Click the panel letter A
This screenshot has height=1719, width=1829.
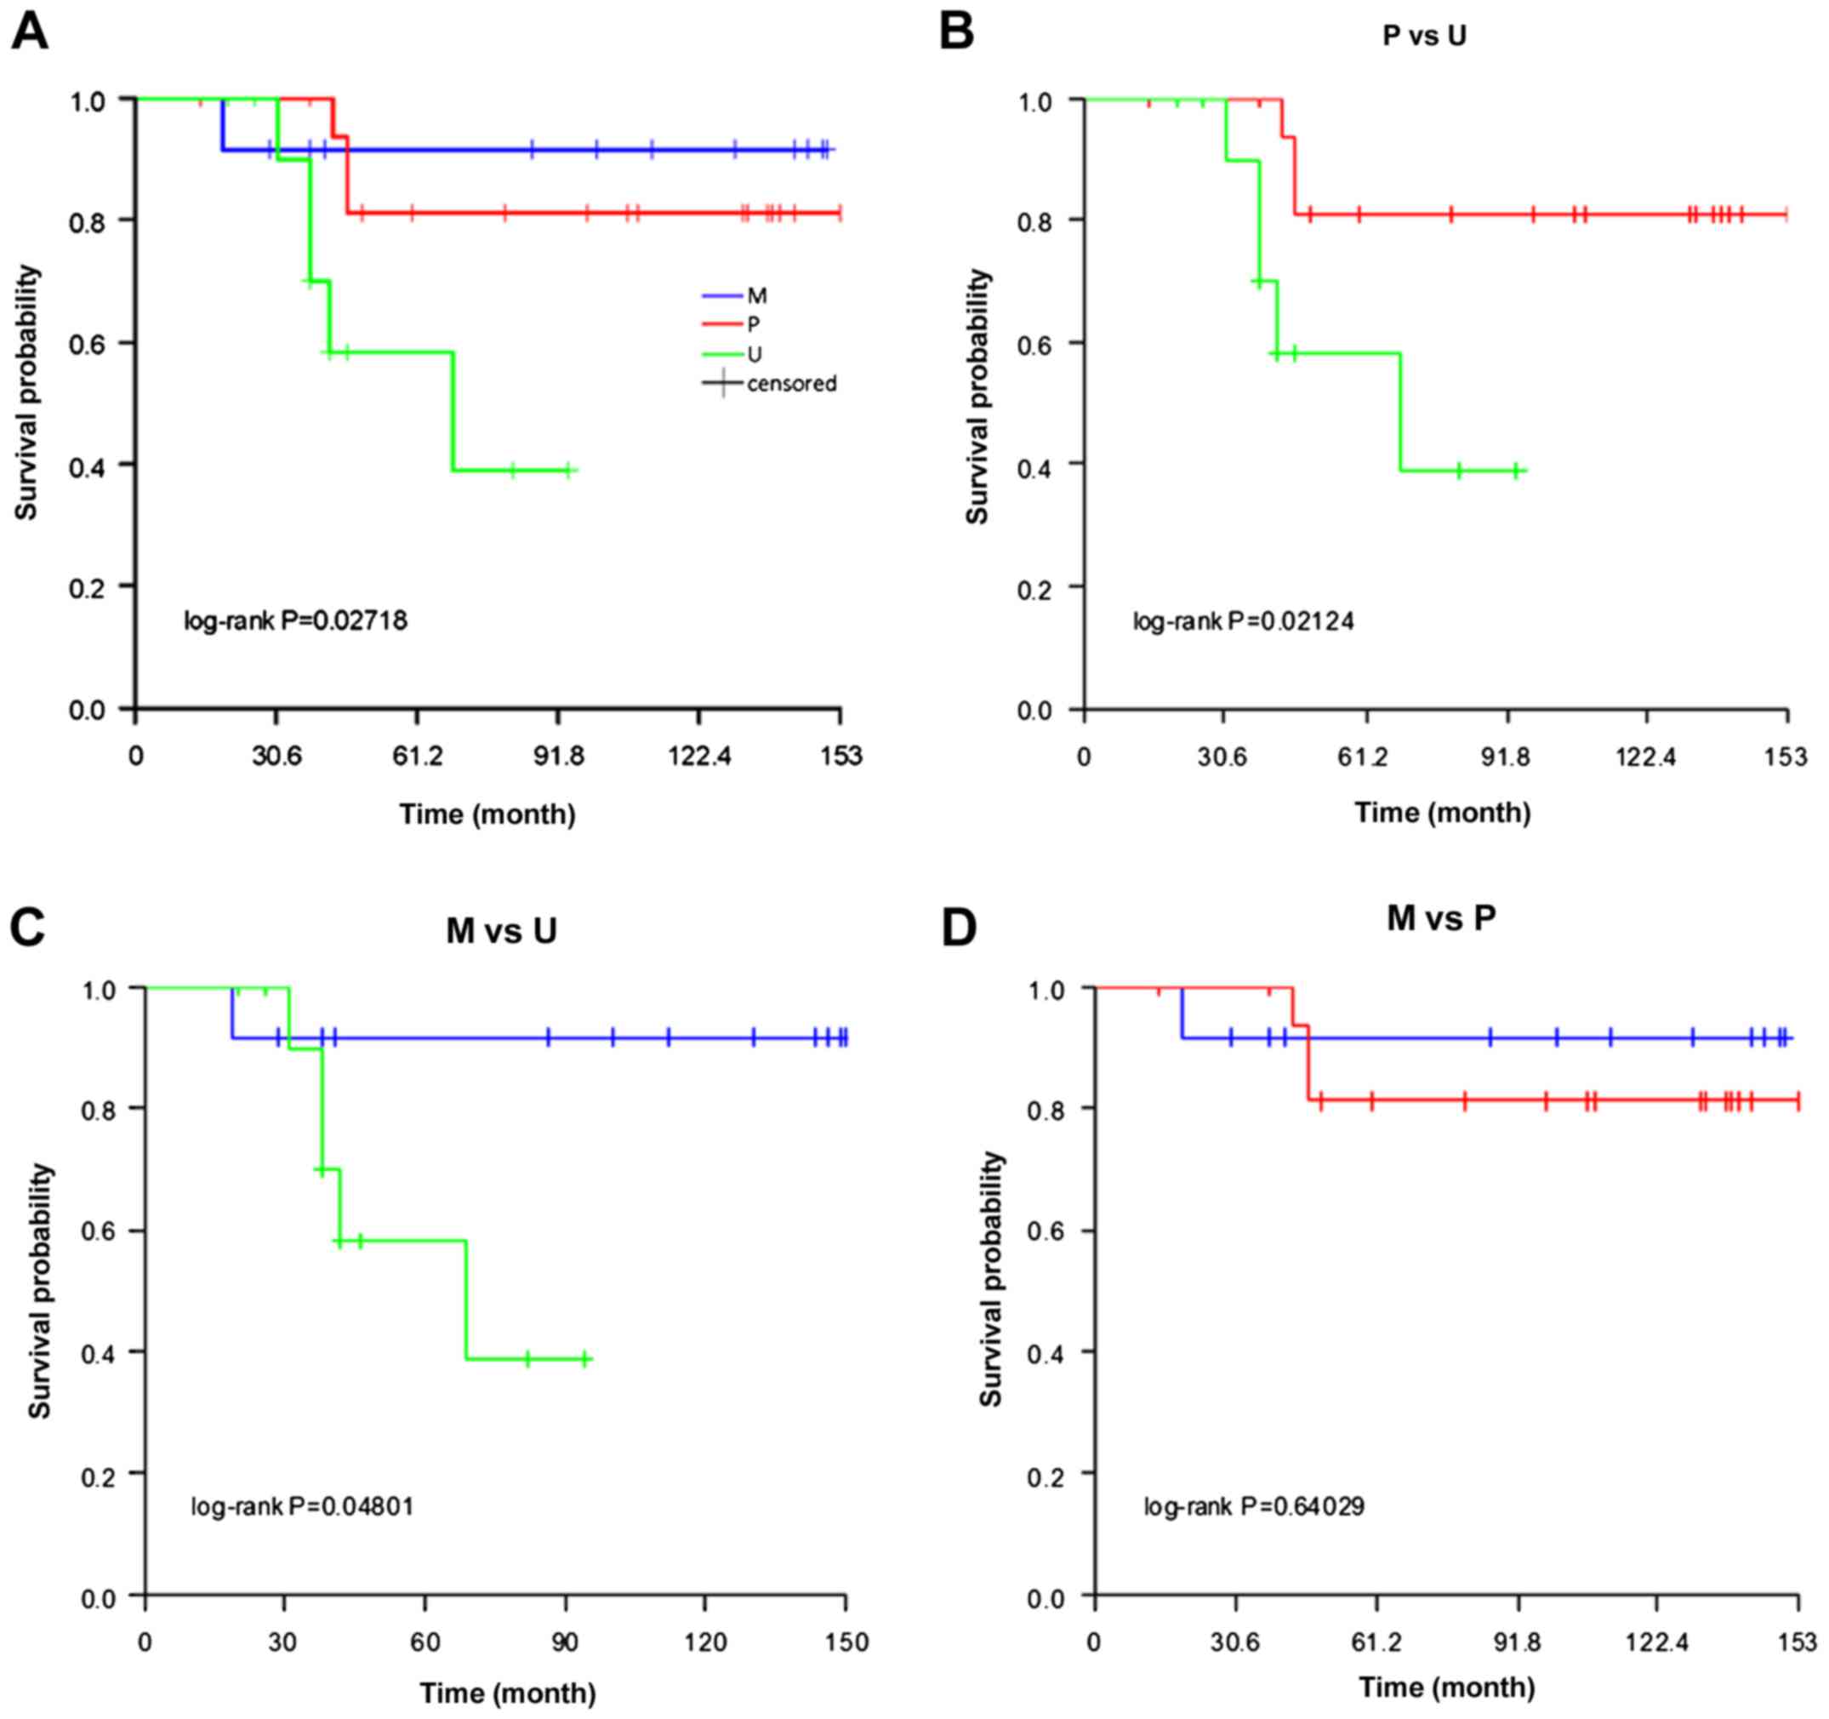tap(29, 34)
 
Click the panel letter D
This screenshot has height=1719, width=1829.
tap(959, 928)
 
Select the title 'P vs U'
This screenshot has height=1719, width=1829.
tap(1424, 36)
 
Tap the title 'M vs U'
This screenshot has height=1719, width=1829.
tap(501, 930)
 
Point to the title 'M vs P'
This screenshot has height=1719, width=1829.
tap(1441, 917)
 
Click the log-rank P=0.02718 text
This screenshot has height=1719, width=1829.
tap(295, 621)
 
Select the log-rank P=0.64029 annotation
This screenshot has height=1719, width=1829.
tap(1254, 1506)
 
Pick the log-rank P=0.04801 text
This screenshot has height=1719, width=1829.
tap(303, 1506)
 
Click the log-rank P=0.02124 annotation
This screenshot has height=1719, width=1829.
tap(1243, 621)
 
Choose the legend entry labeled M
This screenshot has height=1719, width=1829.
tap(756, 296)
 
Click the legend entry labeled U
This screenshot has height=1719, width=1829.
tap(755, 354)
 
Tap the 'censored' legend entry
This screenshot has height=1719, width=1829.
tap(791, 384)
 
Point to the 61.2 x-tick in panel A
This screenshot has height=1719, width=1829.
tap(417, 757)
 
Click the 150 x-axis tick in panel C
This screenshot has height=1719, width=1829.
tap(846, 1642)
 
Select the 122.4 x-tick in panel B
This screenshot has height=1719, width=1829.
tap(1647, 757)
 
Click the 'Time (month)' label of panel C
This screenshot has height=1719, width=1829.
tap(508, 1693)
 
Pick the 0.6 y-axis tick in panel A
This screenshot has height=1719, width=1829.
tap(88, 343)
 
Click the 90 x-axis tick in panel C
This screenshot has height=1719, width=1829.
tap(565, 1642)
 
